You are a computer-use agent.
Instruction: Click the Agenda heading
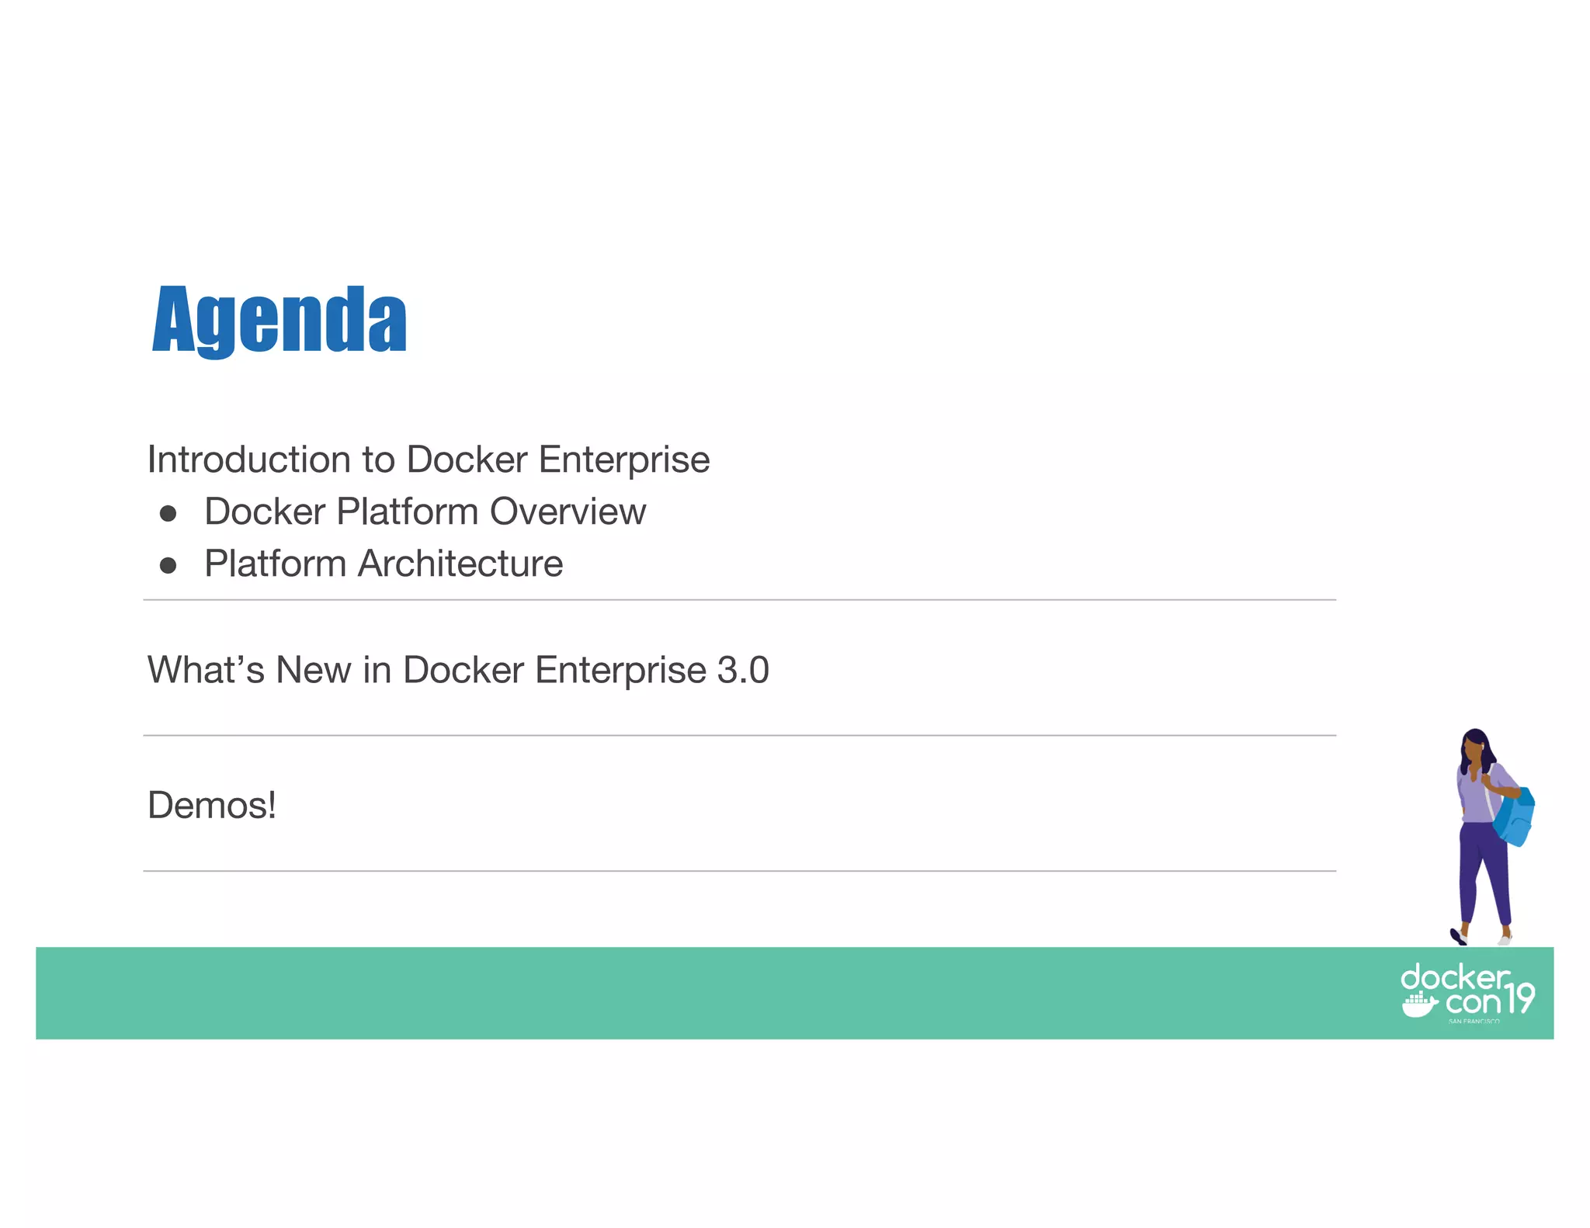279,319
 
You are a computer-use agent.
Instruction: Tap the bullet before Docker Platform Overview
168,513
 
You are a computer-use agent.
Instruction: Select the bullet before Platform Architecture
168,565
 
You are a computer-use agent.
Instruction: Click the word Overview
568,512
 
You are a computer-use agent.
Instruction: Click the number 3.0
742,670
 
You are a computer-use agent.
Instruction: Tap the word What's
206,670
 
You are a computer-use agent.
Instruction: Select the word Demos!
211,805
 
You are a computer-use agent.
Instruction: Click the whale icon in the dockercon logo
1418,1004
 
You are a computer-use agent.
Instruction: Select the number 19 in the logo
1520,997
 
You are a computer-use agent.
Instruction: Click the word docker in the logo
1454,977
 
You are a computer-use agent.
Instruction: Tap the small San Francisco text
1474,1022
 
